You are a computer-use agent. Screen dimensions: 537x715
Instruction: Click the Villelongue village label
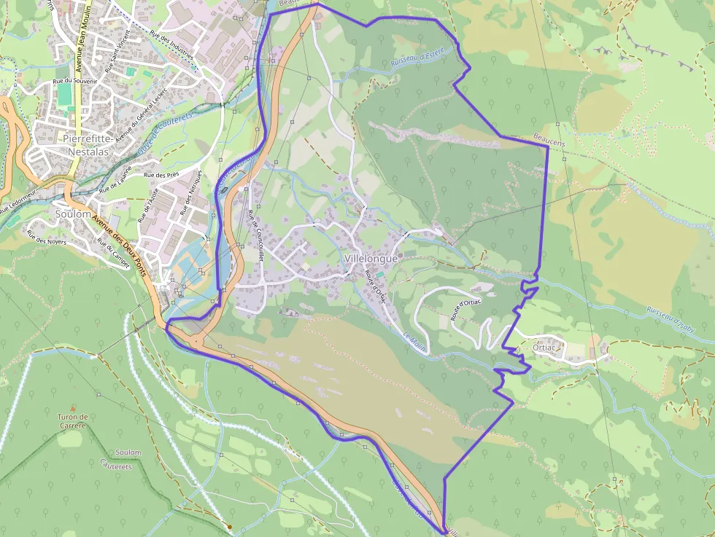tap(371, 259)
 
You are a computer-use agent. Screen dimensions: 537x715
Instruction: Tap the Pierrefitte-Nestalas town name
tap(86, 145)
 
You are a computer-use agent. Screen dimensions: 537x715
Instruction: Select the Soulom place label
tap(72, 214)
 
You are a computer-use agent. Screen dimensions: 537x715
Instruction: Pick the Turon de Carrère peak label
tap(72, 420)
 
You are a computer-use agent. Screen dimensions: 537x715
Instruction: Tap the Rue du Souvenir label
tap(75, 81)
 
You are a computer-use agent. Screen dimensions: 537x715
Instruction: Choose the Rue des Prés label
tap(161, 176)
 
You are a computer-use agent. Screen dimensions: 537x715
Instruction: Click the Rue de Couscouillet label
tap(255, 233)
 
